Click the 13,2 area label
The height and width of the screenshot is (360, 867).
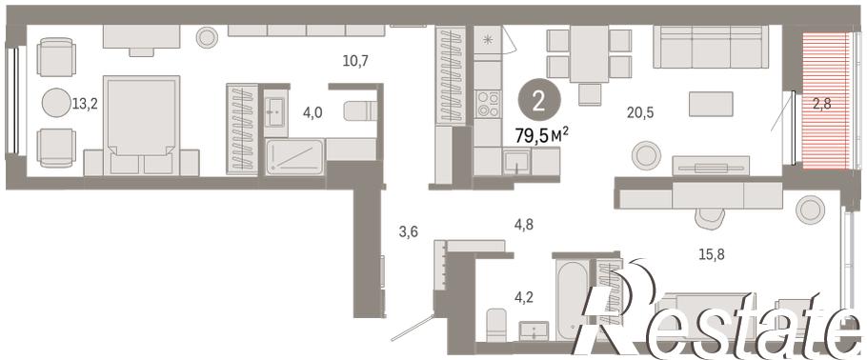85,104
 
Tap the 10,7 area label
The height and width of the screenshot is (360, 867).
355,61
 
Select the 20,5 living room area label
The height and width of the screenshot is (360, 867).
640,112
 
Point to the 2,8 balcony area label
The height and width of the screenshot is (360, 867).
821,102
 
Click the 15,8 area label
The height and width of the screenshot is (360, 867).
711,255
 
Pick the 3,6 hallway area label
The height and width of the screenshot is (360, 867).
408,232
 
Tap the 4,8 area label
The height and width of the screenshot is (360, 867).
524,225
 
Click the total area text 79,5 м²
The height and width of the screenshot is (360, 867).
542,136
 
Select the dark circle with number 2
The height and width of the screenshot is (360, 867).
539,102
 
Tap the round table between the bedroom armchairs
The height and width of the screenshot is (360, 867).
56,103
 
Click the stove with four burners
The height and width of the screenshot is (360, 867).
487,104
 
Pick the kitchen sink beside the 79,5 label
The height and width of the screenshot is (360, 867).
516,161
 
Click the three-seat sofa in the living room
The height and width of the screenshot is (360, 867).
711,47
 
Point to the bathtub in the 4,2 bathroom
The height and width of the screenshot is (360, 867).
573,300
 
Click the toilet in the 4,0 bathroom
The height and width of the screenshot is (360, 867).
360,110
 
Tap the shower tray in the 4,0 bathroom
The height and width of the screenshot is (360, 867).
294,157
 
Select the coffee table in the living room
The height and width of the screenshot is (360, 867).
711,104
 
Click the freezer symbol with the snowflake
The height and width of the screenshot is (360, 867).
487,40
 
